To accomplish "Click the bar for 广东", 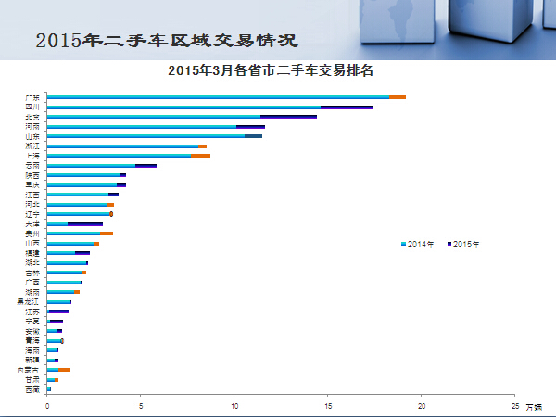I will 222,97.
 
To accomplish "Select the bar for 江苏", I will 58,311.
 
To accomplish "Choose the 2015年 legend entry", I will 463,244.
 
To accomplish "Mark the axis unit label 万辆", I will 535,407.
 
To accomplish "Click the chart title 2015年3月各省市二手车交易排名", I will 276,70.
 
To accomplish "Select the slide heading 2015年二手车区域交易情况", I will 167,41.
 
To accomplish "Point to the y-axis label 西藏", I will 33,389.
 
